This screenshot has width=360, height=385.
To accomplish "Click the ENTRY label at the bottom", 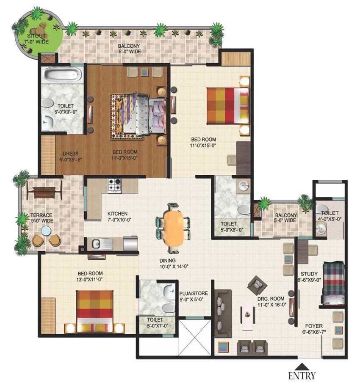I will click(302, 375).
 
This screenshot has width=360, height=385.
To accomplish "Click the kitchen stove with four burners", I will click(114, 185).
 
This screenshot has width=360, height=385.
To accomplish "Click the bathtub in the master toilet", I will click(62, 75).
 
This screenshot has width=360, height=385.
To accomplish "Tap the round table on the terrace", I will click(46, 231).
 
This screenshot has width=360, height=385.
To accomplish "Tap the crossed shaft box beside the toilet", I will click(194, 337).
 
